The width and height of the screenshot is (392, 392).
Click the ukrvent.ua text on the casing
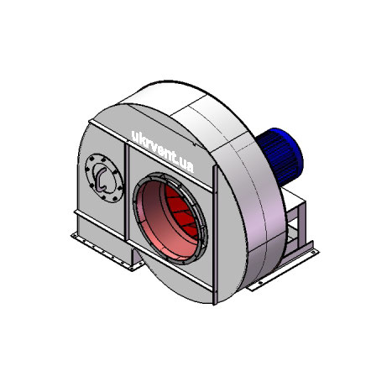tap(163, 151)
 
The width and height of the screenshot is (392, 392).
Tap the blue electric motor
tap(280, 157)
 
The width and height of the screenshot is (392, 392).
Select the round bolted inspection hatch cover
tap(104, 178)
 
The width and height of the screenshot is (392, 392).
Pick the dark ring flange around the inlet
tap(170, 218)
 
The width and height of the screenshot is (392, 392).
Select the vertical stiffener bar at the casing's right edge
tap(215, 234)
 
